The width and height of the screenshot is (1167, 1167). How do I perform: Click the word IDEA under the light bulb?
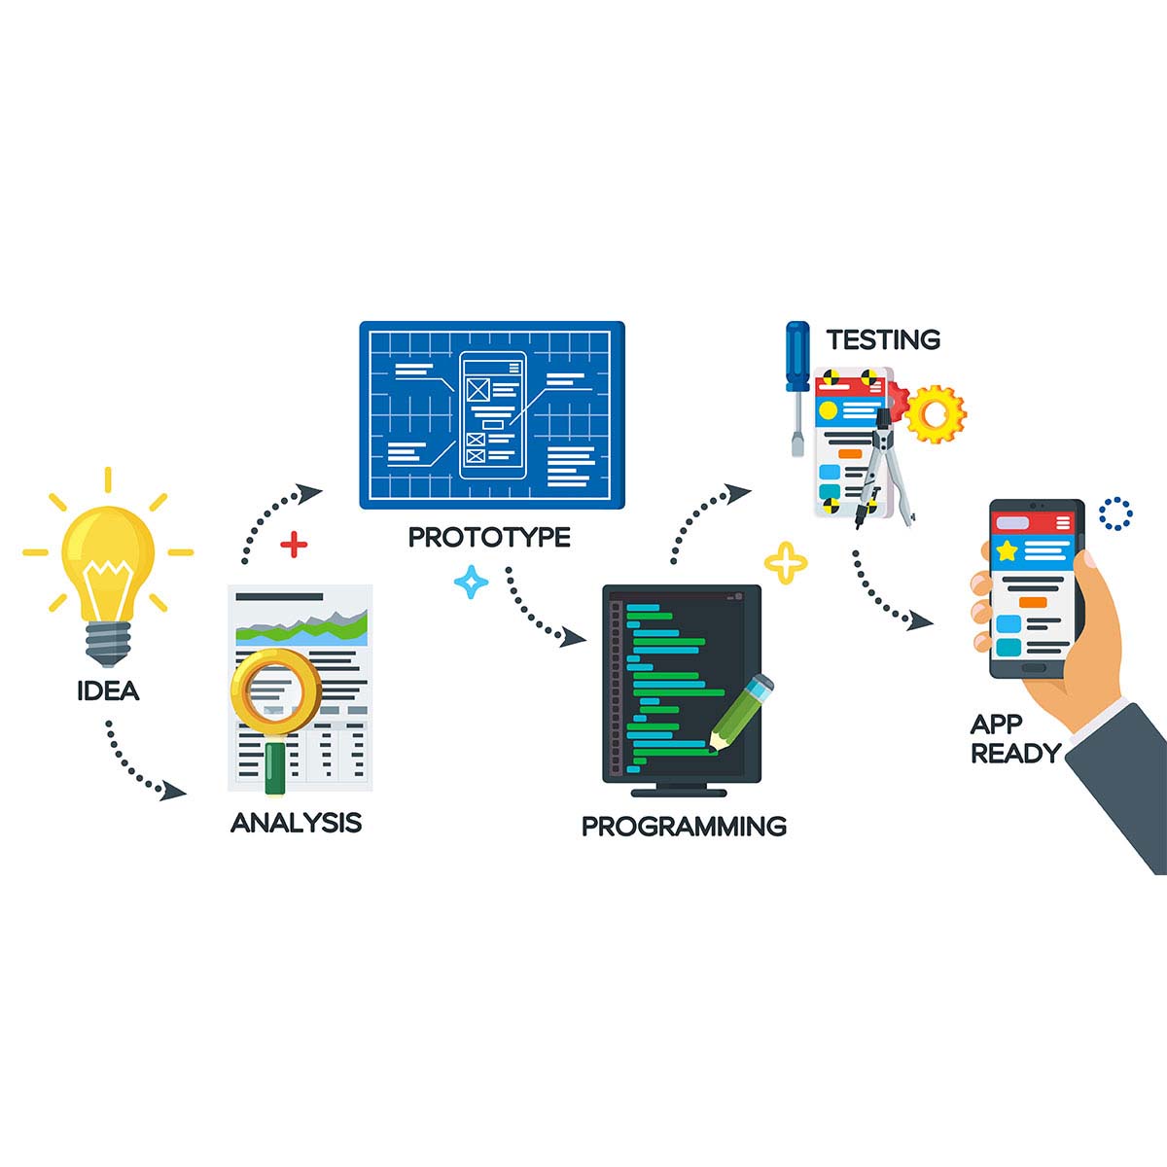(x=108, y=691)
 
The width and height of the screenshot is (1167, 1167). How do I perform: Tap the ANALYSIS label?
(x=296, y=823)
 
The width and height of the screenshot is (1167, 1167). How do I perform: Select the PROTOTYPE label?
(x=489, y=537)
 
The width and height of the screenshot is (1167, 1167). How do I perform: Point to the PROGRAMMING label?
(x=684, y=827)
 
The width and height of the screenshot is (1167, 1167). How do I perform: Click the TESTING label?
(x=883, y=339)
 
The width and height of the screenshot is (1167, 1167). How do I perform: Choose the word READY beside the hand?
(x=1015, y=753)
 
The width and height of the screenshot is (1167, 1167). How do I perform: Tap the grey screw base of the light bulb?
(x=108, y=642)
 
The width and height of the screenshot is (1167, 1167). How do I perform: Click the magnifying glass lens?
(x=275, y=691)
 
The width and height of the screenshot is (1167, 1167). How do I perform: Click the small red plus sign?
(x=293, y=545)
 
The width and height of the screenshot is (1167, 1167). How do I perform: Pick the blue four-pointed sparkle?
(x=472, y=582)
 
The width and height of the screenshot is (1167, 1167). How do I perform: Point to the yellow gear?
(x=936, y=414)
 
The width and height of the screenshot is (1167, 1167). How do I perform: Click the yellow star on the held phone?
(x=1007, y=550)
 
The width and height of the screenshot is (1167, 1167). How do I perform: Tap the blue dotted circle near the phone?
(x=1115, y=514)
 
